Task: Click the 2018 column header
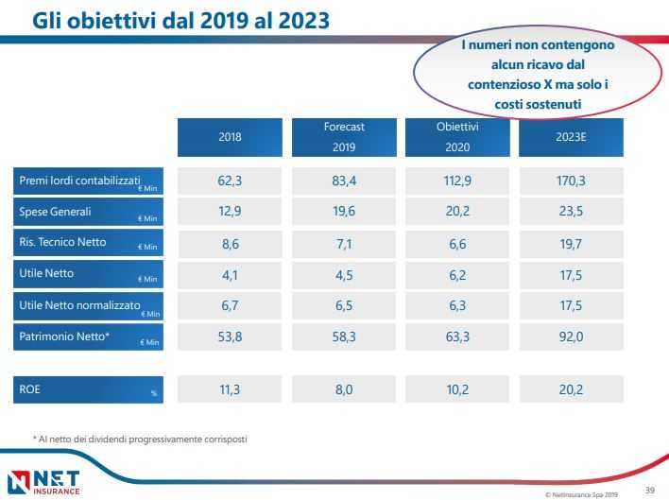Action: point(230,137)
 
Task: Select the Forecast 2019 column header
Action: point(343,137)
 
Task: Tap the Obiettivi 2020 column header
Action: point(457,137)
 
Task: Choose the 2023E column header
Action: point(571,137)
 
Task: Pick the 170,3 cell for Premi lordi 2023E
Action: point(571,181)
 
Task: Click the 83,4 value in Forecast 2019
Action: point(343,181)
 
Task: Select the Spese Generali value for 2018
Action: point(230,212)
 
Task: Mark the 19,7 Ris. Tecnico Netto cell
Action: point(571,243)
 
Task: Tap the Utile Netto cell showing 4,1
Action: point(230,275)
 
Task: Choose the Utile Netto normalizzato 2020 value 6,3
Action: point(457,305)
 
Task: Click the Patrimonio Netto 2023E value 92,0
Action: point(571,336)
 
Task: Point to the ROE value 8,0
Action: point(343,388)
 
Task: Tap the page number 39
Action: point(649,490)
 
